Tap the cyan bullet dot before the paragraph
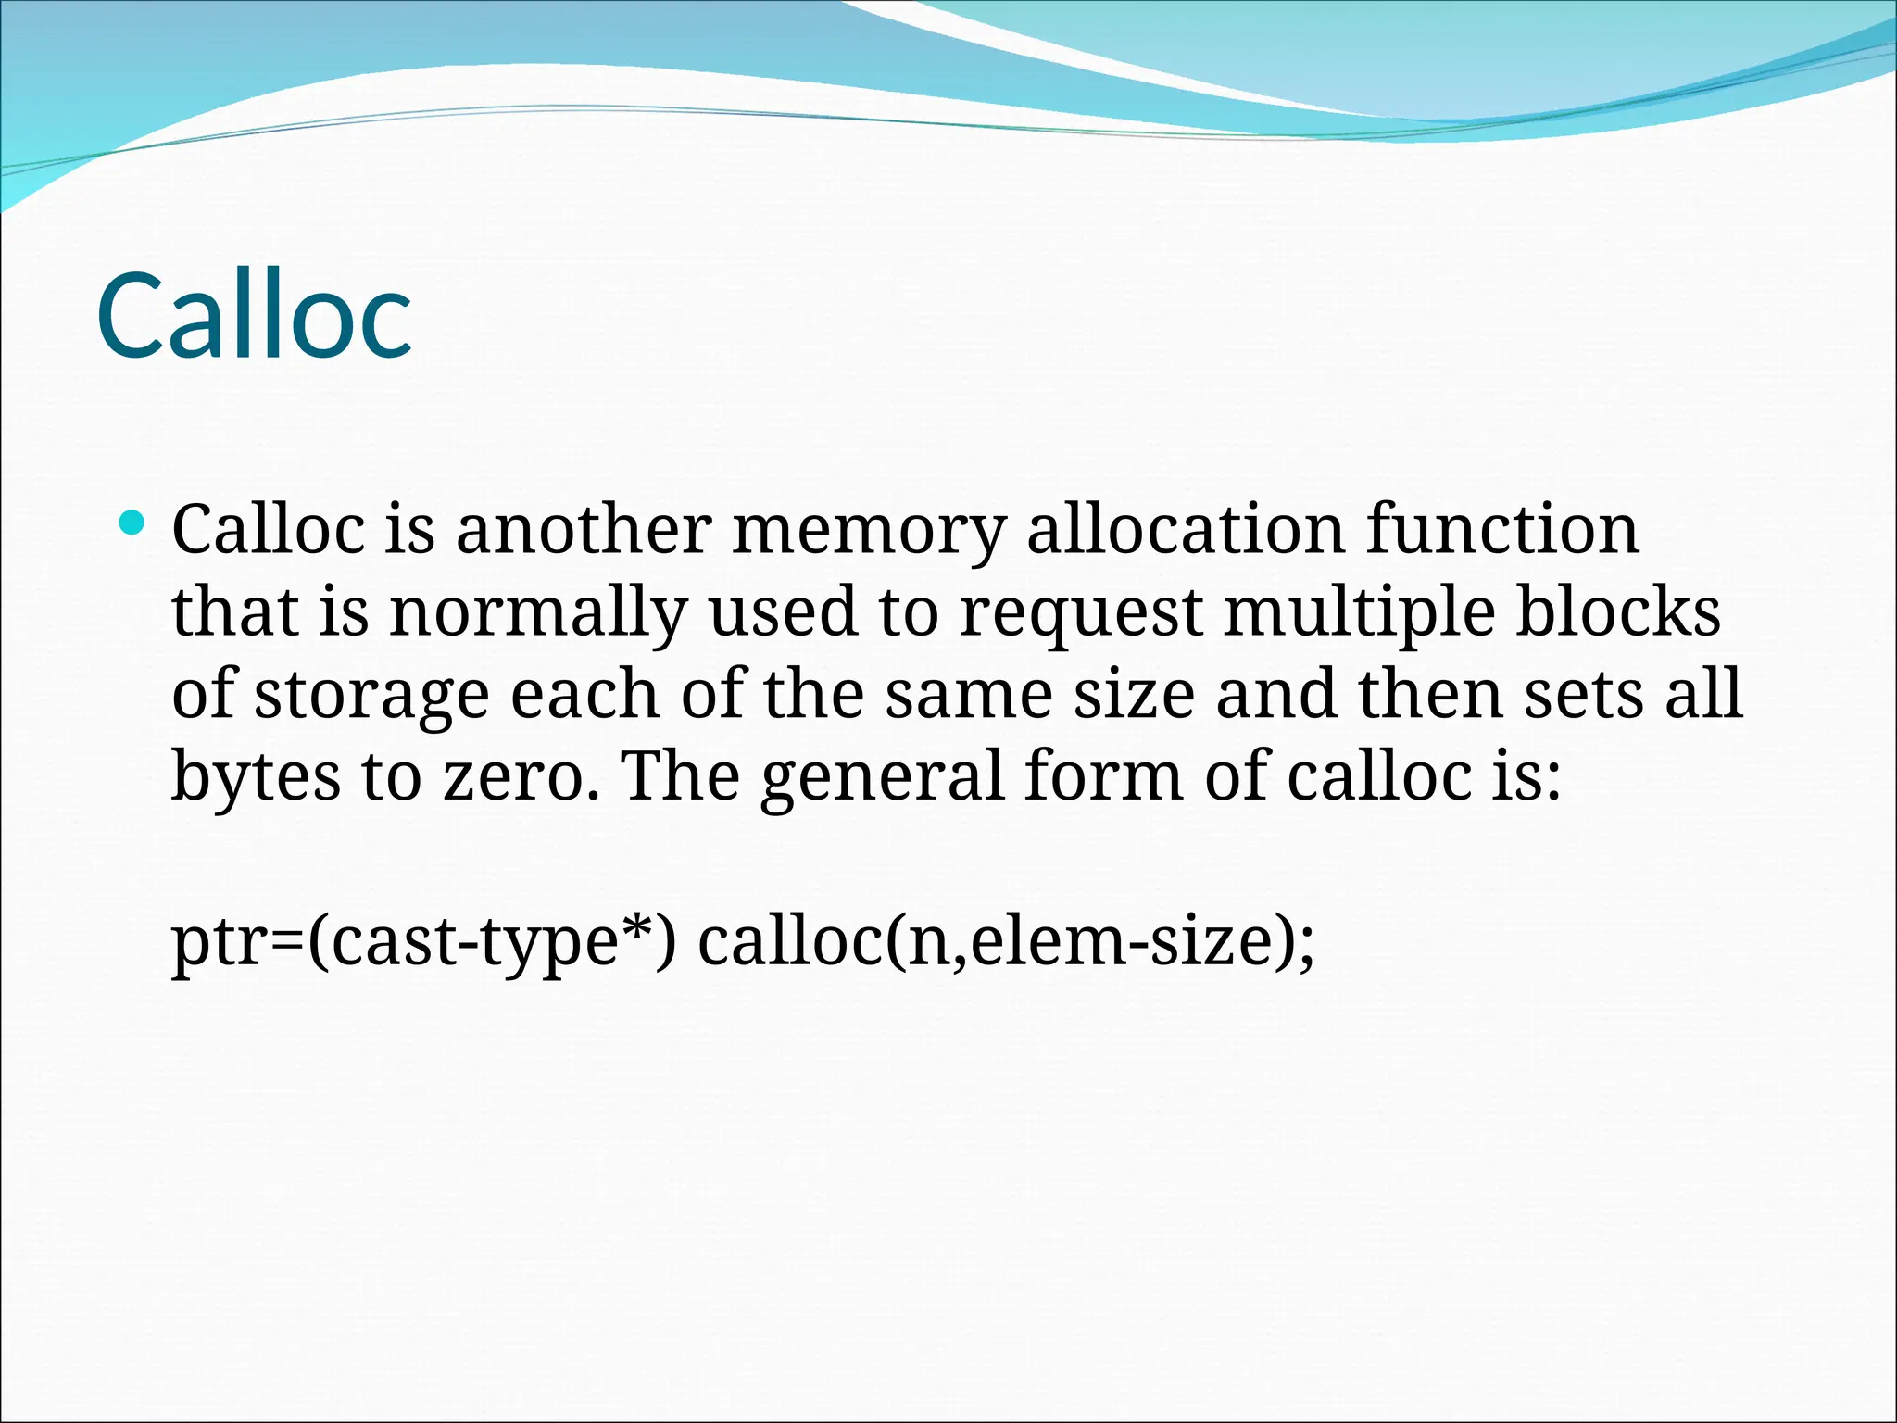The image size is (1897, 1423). tap(133, 523)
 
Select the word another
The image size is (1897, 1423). tap(584, 530)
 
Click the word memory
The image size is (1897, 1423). tap(869, 532)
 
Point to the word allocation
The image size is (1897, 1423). tap(1186, 530)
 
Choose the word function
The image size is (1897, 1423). tap(1502, 530)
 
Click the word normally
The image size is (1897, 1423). tap(538, 613)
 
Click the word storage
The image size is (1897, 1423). tap(371, 697)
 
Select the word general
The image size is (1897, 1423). tap(882, 778)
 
